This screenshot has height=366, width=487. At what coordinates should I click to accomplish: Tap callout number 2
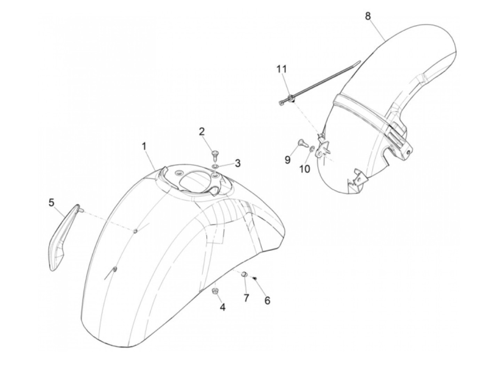(x=202, y=132)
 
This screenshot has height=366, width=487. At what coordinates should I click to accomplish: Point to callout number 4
(x=222, y=307)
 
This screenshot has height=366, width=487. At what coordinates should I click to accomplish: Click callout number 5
(x=51, y=202)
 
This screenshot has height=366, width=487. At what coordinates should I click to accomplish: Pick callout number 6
(x=267, y=301)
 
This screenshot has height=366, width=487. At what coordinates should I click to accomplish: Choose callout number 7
(x=246, y=298)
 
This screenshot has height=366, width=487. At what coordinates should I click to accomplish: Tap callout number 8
(x=368, y=16)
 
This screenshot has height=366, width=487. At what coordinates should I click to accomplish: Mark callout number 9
(x=287, y=160)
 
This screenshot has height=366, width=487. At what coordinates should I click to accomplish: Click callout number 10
(x=305, y=169)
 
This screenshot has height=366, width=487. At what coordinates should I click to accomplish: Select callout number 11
(x=282, y=69)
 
